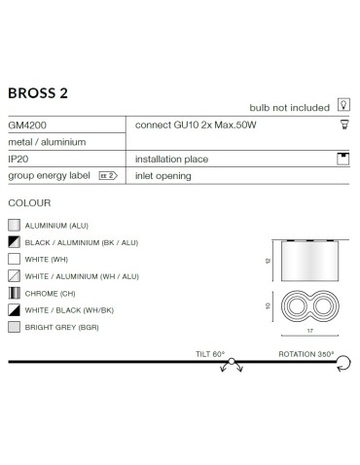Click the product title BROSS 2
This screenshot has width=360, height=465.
38,93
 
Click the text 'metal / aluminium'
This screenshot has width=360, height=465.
47,141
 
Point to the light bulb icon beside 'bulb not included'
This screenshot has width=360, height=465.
342,107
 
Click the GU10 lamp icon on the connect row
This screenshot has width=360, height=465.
342,125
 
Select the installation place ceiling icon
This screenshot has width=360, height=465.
342,158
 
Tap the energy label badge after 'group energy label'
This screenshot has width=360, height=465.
108,175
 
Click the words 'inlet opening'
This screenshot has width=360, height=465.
162,175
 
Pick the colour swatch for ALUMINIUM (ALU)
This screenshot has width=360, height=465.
13,224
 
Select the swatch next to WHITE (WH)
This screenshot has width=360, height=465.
13,258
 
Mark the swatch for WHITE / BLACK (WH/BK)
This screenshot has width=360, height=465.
13,309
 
